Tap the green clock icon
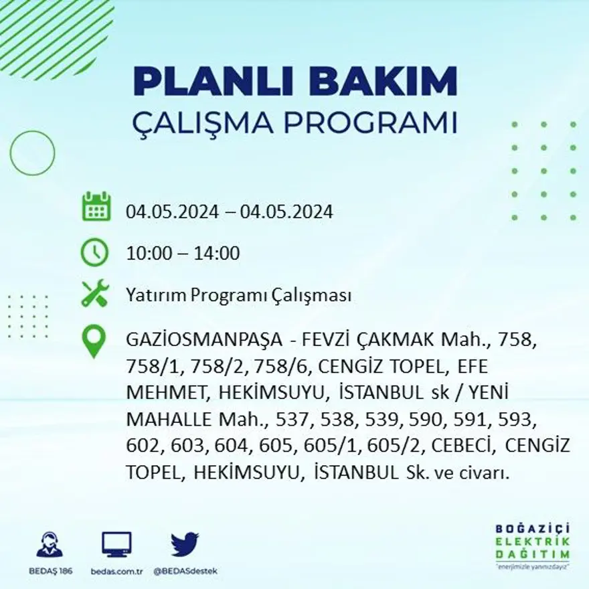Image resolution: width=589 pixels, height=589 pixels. pos(94,252)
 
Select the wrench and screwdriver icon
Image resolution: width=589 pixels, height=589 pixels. pos(94,294)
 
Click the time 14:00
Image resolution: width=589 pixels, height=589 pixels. pos(216,254)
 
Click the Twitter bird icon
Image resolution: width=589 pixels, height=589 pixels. pos(184,544)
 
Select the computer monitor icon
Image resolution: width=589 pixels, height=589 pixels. pos(116,544)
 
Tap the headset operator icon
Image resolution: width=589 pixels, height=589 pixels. pos(50,544)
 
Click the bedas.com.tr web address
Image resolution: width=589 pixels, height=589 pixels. pos(116,571)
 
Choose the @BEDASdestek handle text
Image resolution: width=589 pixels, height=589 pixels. pos(185,571)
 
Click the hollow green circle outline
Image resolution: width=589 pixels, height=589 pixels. pos(32,153)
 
